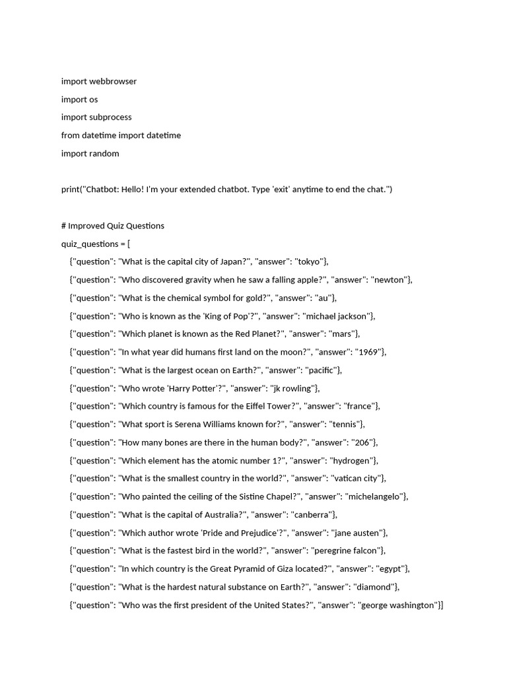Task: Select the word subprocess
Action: (x=110, y=117)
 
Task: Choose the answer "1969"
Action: (x=368, y=352)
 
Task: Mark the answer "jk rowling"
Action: (x=292, y=388)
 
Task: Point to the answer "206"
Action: (x=364, y=442)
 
